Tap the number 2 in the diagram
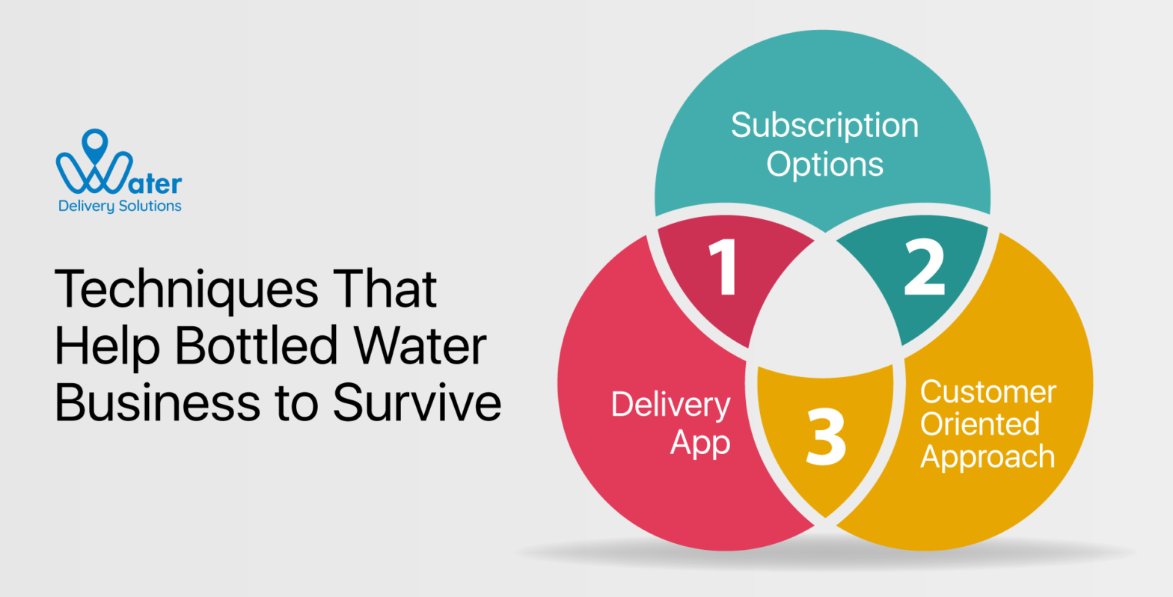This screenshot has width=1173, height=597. pos(924,269)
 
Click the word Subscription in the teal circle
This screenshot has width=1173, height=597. pos(824,126)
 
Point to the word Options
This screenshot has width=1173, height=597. pos(824,164)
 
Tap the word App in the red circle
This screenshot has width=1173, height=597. pos(699,443)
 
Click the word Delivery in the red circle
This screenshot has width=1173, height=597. pos(670,405)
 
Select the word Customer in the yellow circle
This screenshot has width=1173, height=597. pos(987,392)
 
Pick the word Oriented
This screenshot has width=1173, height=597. pos(979,424)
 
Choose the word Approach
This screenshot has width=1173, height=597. pos(987,456)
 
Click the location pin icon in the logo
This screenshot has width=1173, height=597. pos(95,146)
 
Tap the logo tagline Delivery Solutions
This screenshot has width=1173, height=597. pos(120,206)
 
